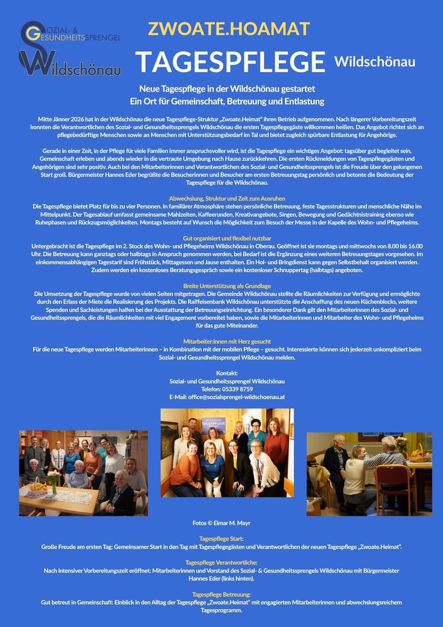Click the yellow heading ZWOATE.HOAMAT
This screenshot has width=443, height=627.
coord(229,28)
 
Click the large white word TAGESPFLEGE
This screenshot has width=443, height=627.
coord(230,62)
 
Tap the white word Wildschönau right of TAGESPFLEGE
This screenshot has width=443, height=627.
coord(375,62)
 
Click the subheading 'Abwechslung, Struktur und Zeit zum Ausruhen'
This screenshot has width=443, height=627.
coord(226,199)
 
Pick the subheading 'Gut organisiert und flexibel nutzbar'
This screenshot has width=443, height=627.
coord(226,239)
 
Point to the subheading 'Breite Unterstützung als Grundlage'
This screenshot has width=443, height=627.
coord(227,286)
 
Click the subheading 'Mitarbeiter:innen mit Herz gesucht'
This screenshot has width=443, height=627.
coord(227,341)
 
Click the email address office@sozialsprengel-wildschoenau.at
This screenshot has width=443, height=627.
coord(227,397)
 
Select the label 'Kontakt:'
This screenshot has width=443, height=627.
coord(227,373)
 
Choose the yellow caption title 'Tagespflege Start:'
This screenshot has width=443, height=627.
coord(221,539)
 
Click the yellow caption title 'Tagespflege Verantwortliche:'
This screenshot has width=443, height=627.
coord(221,563)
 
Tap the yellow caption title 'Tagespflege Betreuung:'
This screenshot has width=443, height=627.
coord(221,594)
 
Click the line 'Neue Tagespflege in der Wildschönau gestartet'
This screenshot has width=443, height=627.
coord(227,89)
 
